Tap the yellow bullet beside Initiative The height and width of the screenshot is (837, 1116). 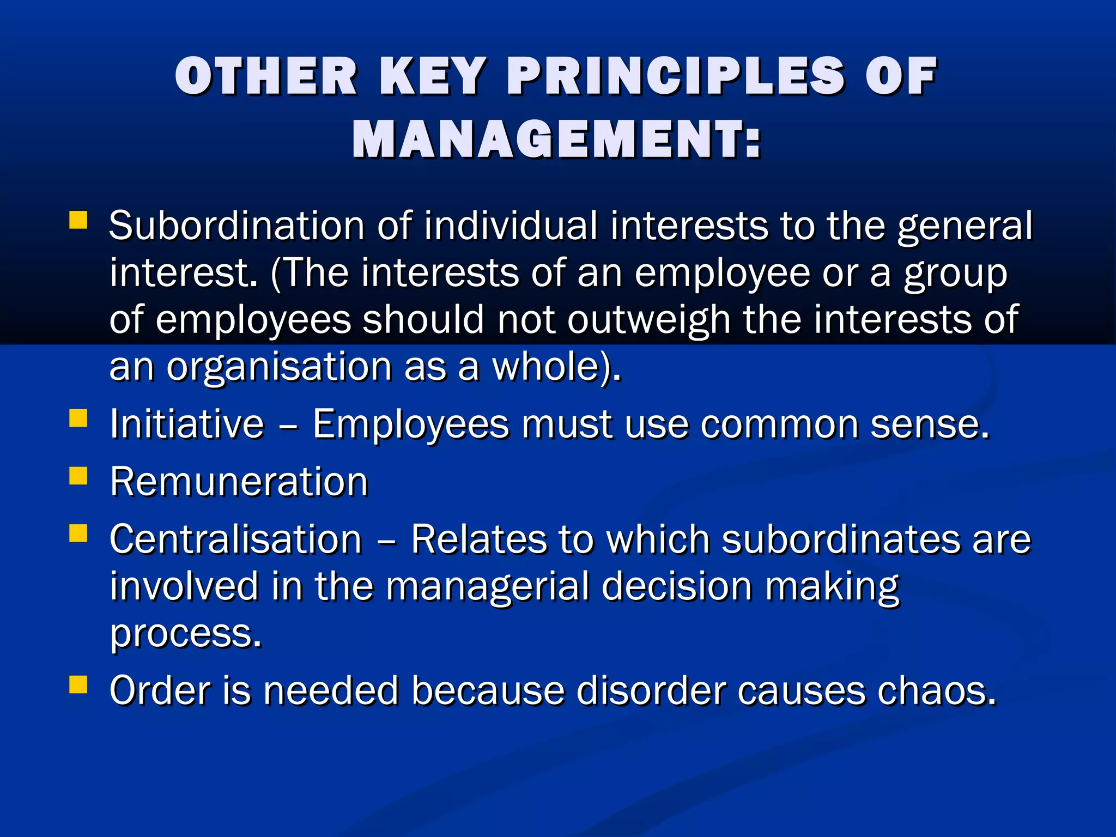[x=78, y=418]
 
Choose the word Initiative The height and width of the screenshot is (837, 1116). [x=187, y=424]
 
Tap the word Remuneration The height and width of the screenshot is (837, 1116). [x=239, y=482]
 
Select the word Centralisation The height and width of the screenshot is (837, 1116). [x=236, y=539]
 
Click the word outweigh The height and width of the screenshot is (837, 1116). [x=648, y=320]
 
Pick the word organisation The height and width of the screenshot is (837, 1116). [x=279, y=367]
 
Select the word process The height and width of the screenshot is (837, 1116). [x=186, y=634]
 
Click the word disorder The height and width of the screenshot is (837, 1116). [x=651, y=690]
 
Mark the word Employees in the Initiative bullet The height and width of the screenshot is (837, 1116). [x=411, y=424]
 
